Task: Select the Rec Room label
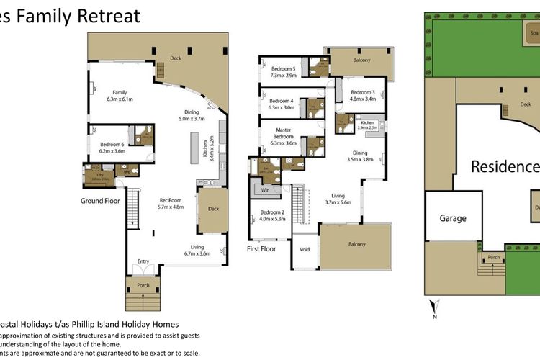(171, 203)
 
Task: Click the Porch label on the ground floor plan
(140, 284)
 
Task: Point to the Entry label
(143, 261)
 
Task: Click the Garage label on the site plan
(453, 218)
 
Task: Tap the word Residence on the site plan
(505, 167)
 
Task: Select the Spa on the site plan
(534, 33)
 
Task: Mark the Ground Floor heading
(100, 201)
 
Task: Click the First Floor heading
(261, 249)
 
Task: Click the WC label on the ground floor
(126, 172)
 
